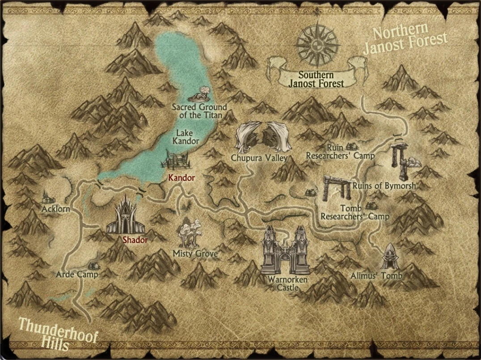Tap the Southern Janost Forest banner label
point(316,79)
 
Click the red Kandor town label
point(181,178)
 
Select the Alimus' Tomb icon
point(389,256)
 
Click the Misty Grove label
point(195,254)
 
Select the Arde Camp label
point(77,274)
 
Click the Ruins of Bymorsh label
point(384,185)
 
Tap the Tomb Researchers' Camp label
point(355,212)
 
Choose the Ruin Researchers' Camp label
point(340,151)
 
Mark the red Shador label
point(135,240)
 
